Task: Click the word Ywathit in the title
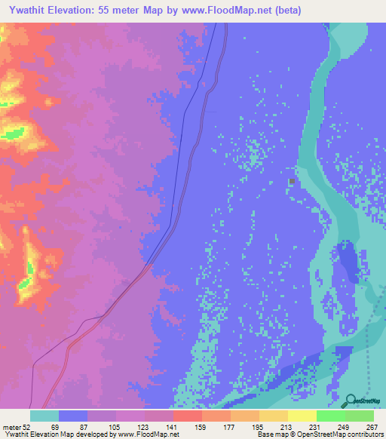click(27, 10)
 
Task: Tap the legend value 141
click(173, 426)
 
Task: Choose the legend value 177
click(230, 426)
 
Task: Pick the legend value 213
click(287, 426)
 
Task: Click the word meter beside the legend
click(11, 426)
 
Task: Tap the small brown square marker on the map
click(292, 181)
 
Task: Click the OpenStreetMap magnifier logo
click(351, 402)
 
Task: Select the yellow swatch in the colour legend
click(302, 416)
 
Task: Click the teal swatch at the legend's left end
click(44, 416)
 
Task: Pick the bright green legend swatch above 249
click(330, 416)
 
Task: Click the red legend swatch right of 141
click(187, 416)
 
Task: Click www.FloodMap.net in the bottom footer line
click(148, 434)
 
